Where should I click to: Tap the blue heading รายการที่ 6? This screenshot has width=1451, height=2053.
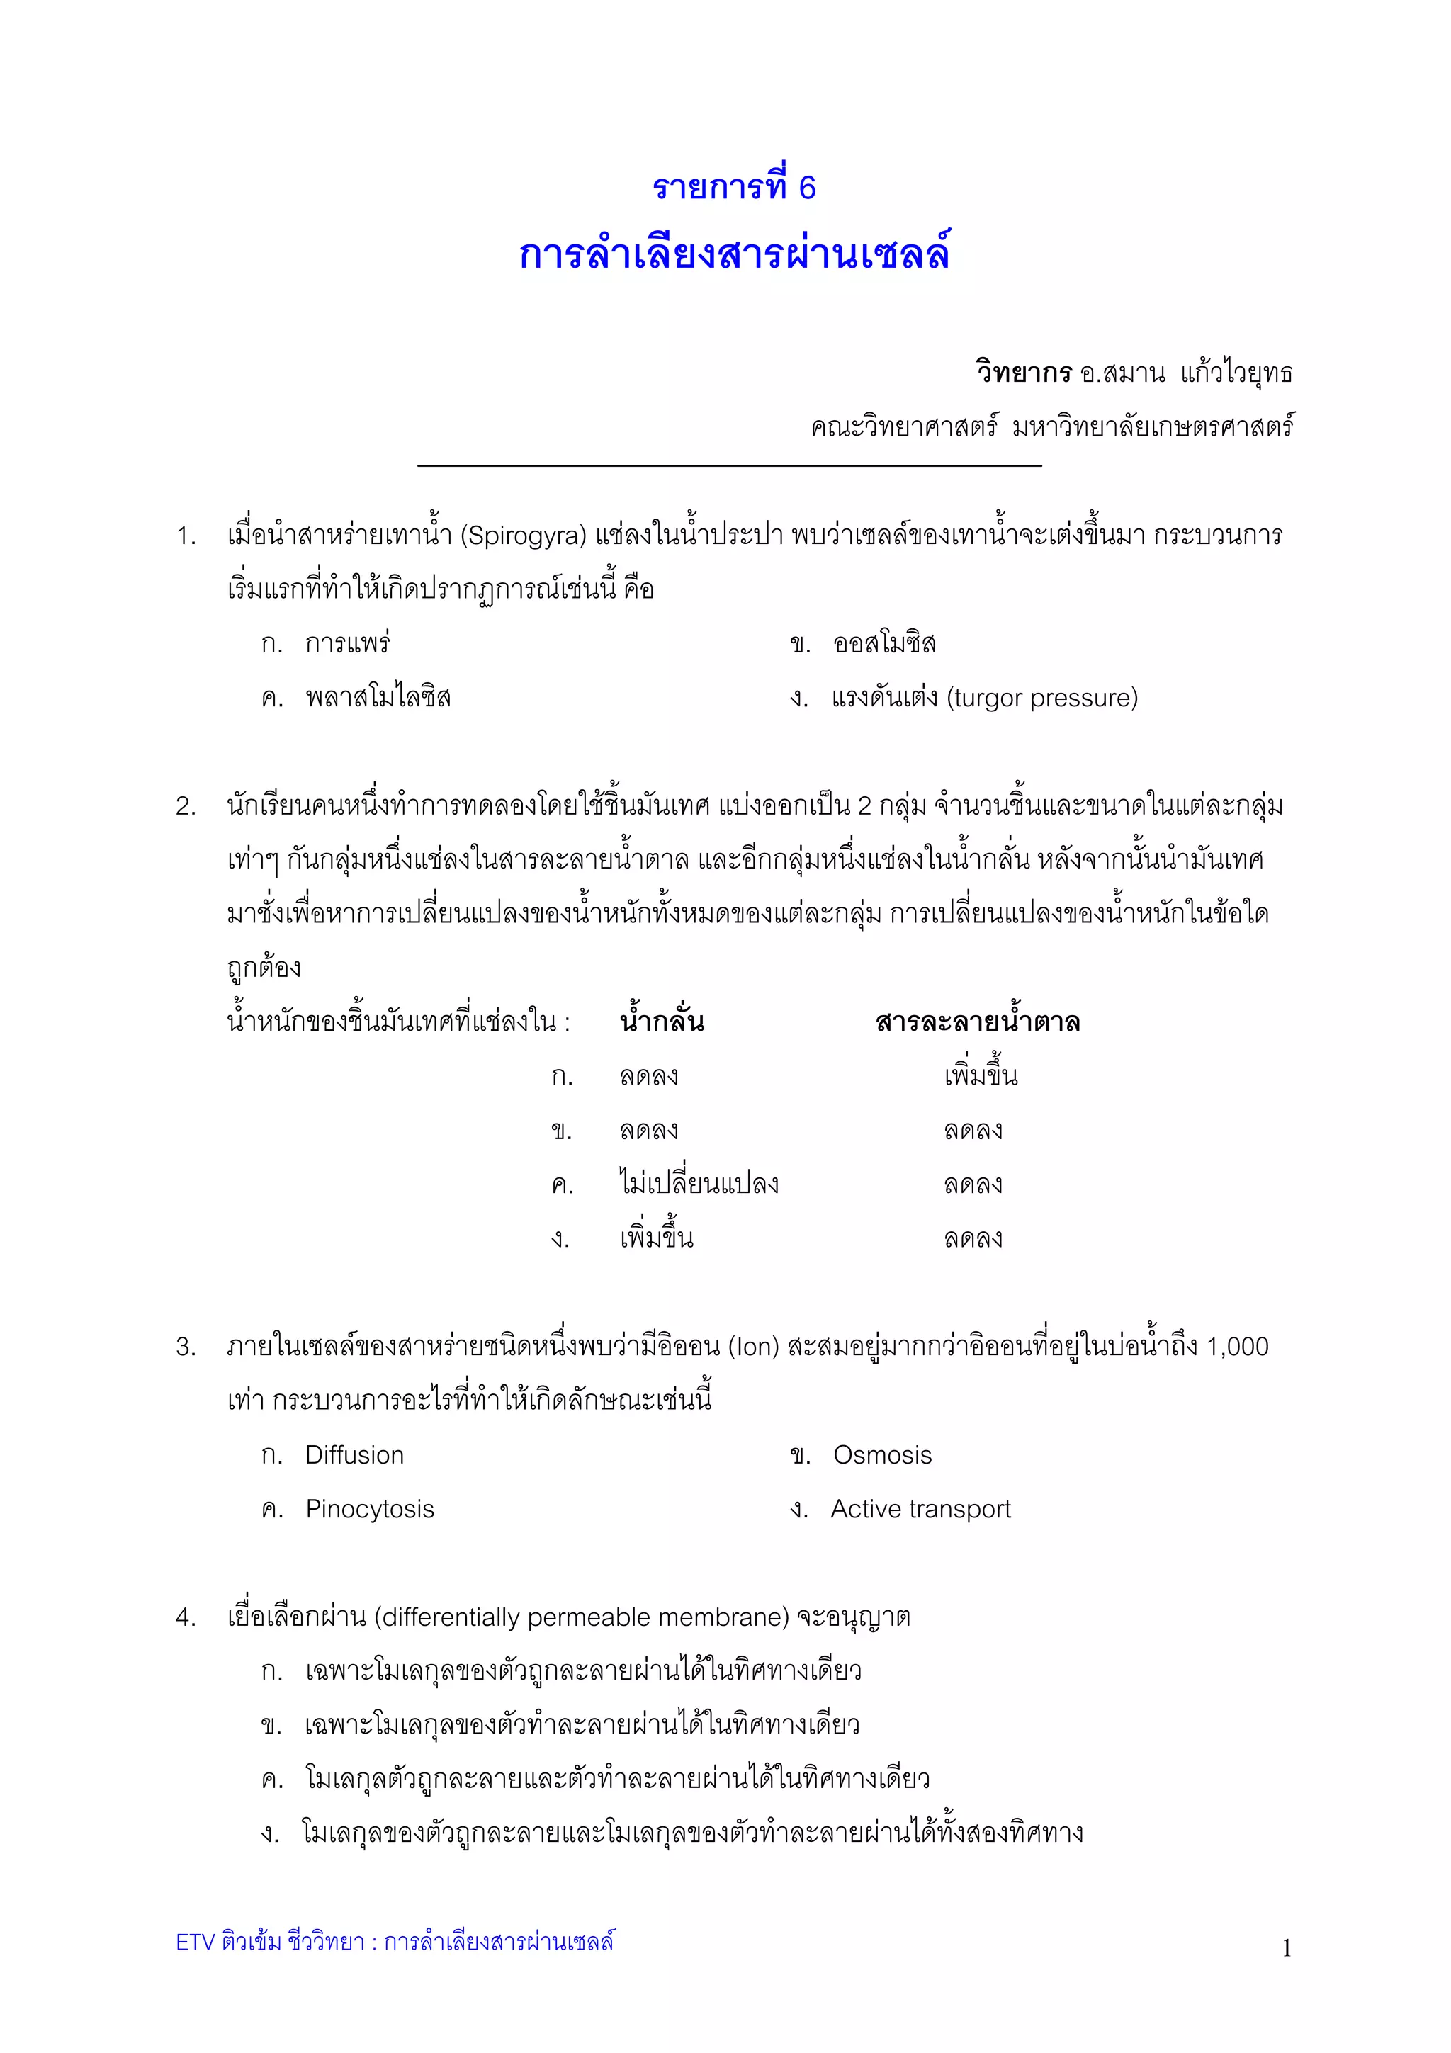click(x=733, y=187)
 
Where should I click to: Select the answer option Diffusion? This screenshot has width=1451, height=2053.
click(x=354, y=1455)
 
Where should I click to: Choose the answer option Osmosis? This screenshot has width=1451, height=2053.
click(x=881, y=1455)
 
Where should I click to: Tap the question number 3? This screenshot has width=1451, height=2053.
click(x=185, y=1347)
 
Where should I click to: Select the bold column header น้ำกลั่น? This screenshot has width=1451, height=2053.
click(x=662, y=1021)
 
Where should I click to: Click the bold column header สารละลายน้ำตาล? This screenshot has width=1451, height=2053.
click(x=977, y=1021)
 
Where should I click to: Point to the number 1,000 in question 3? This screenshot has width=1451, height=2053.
click(x=1236, y=1347)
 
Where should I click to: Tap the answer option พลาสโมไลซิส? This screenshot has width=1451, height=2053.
click(x=378, y=698)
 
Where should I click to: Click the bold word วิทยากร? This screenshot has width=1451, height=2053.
click(x=1023, y=372)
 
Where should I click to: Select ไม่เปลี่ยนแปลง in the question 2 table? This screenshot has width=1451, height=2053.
click(x=699, y=1184)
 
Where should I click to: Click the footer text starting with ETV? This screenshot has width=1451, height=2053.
click(x=394, y=1942)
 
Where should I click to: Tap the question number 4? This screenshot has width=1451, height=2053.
click(x=185, y=1617)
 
